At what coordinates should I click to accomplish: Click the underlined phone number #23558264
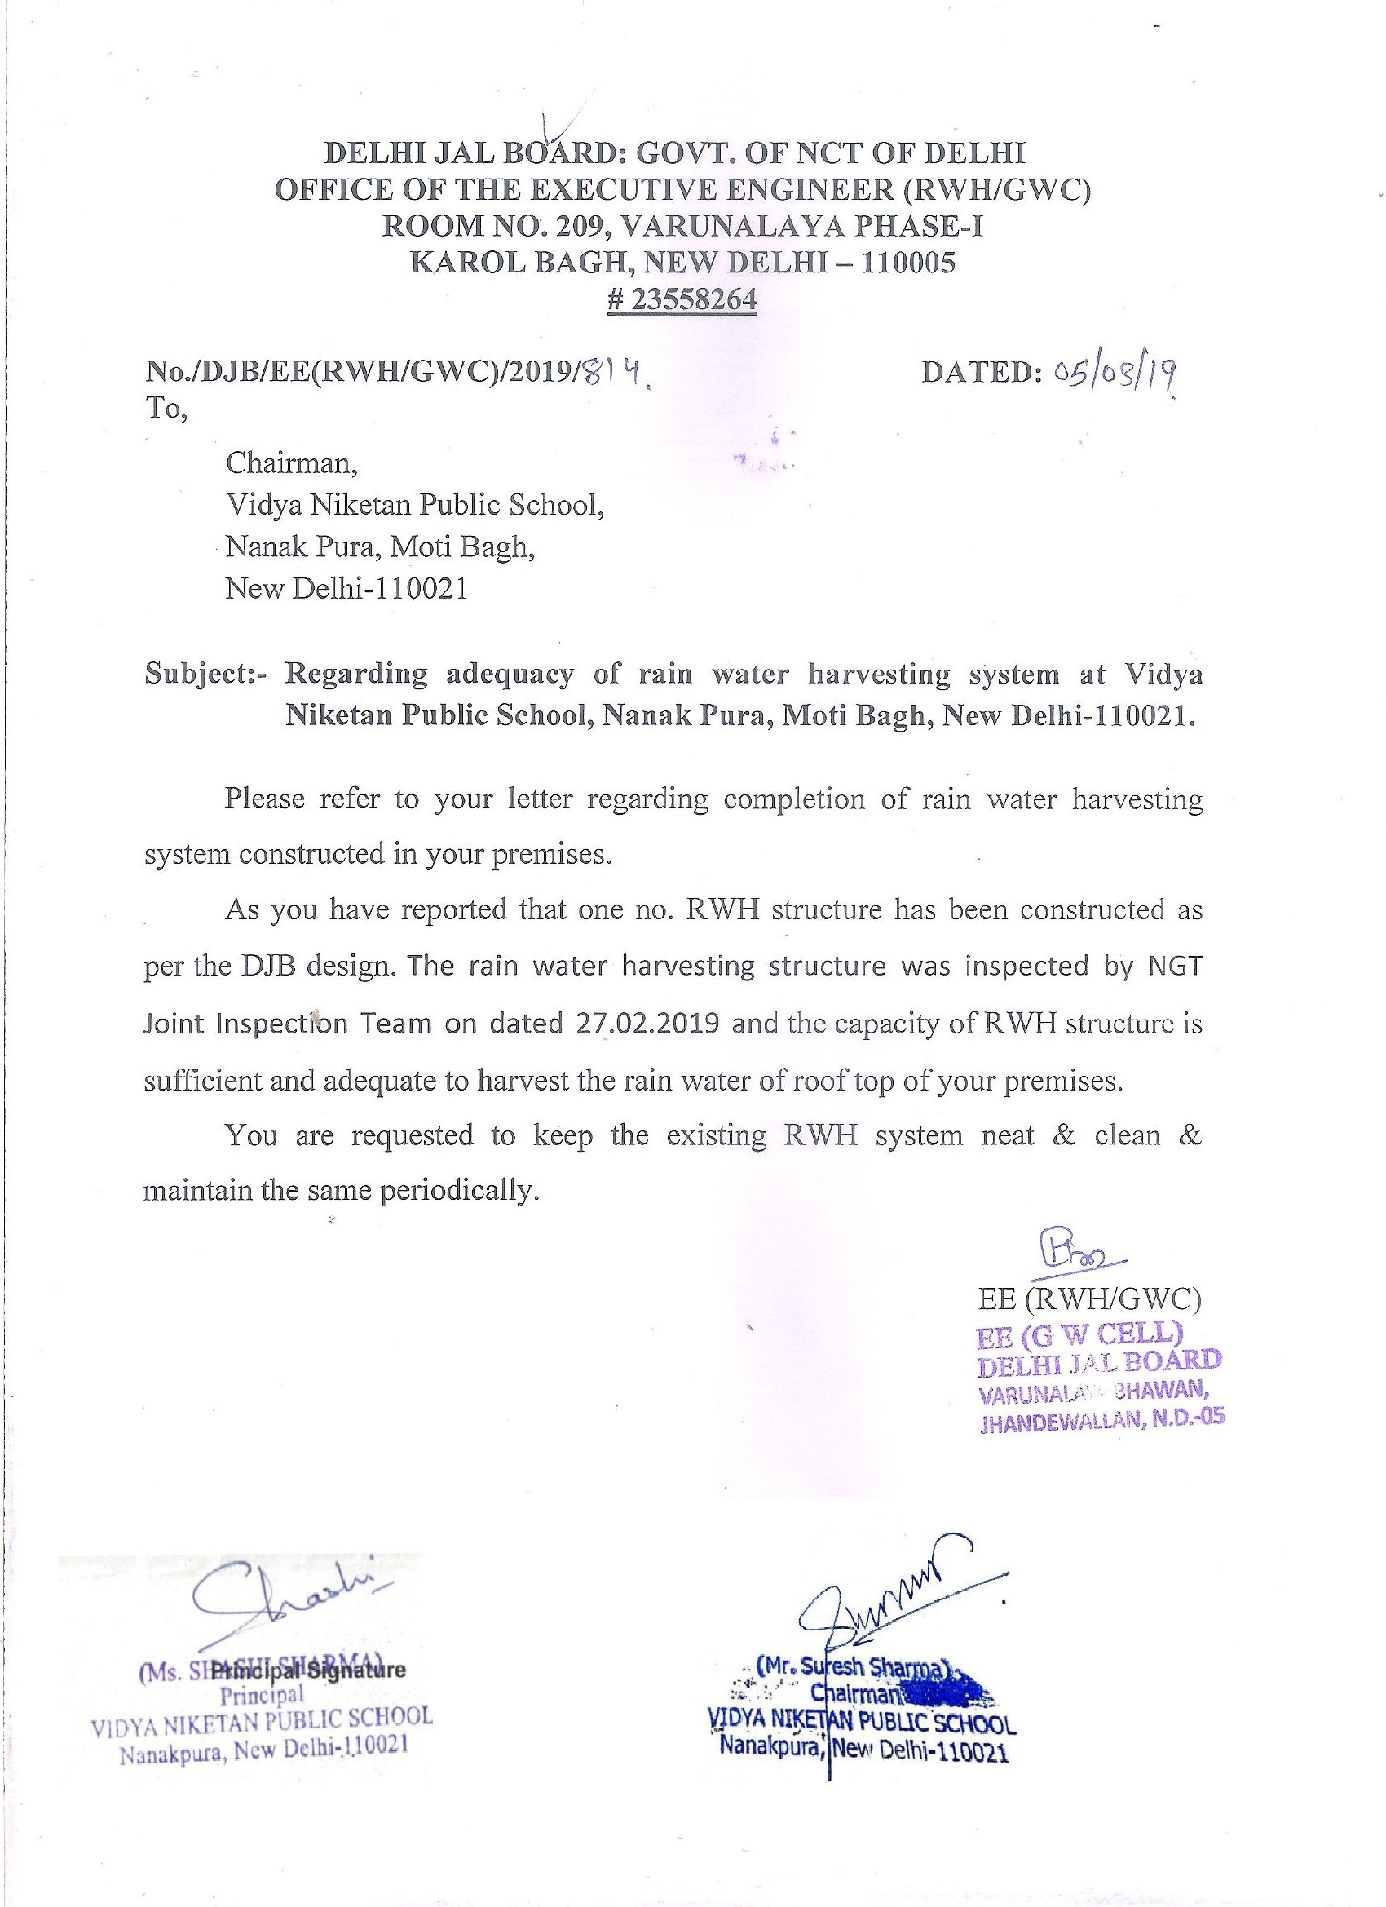coord(682,300)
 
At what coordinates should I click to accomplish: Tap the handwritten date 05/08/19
coord(1112,372)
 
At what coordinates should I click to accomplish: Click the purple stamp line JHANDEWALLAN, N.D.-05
coord(1102,1420)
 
